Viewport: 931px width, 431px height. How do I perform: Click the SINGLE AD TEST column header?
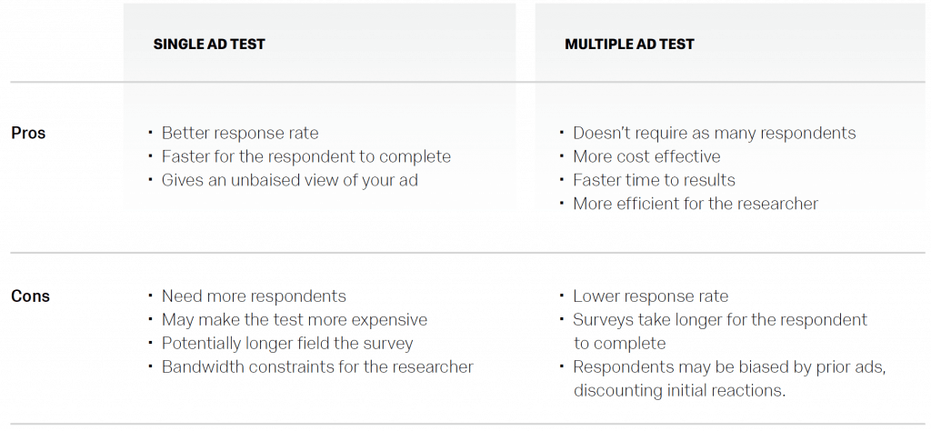(x=209, y=44)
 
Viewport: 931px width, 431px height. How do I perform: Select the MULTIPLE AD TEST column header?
(x=629, y=44)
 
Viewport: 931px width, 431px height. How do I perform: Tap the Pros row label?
(x=28, y=133)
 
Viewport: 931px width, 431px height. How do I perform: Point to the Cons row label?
(x=30, y=296)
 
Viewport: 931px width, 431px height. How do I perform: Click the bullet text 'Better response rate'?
(x=240, y=133)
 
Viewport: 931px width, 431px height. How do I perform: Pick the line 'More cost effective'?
(x=646, y=156)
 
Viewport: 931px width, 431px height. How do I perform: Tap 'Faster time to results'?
(x=654, y=180)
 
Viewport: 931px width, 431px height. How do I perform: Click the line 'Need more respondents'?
(x=254, y=296)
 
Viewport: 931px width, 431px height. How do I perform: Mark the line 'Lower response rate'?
(x=650, y=296)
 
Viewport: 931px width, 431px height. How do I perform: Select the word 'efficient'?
(x=646, y=204)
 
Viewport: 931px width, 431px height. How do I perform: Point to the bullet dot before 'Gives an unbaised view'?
(x=151, y=179)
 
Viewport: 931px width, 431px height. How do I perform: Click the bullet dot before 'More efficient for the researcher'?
(x=562, y=203)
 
